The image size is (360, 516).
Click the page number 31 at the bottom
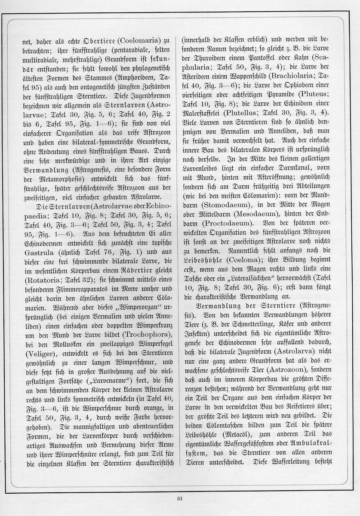tap(180, 498)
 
